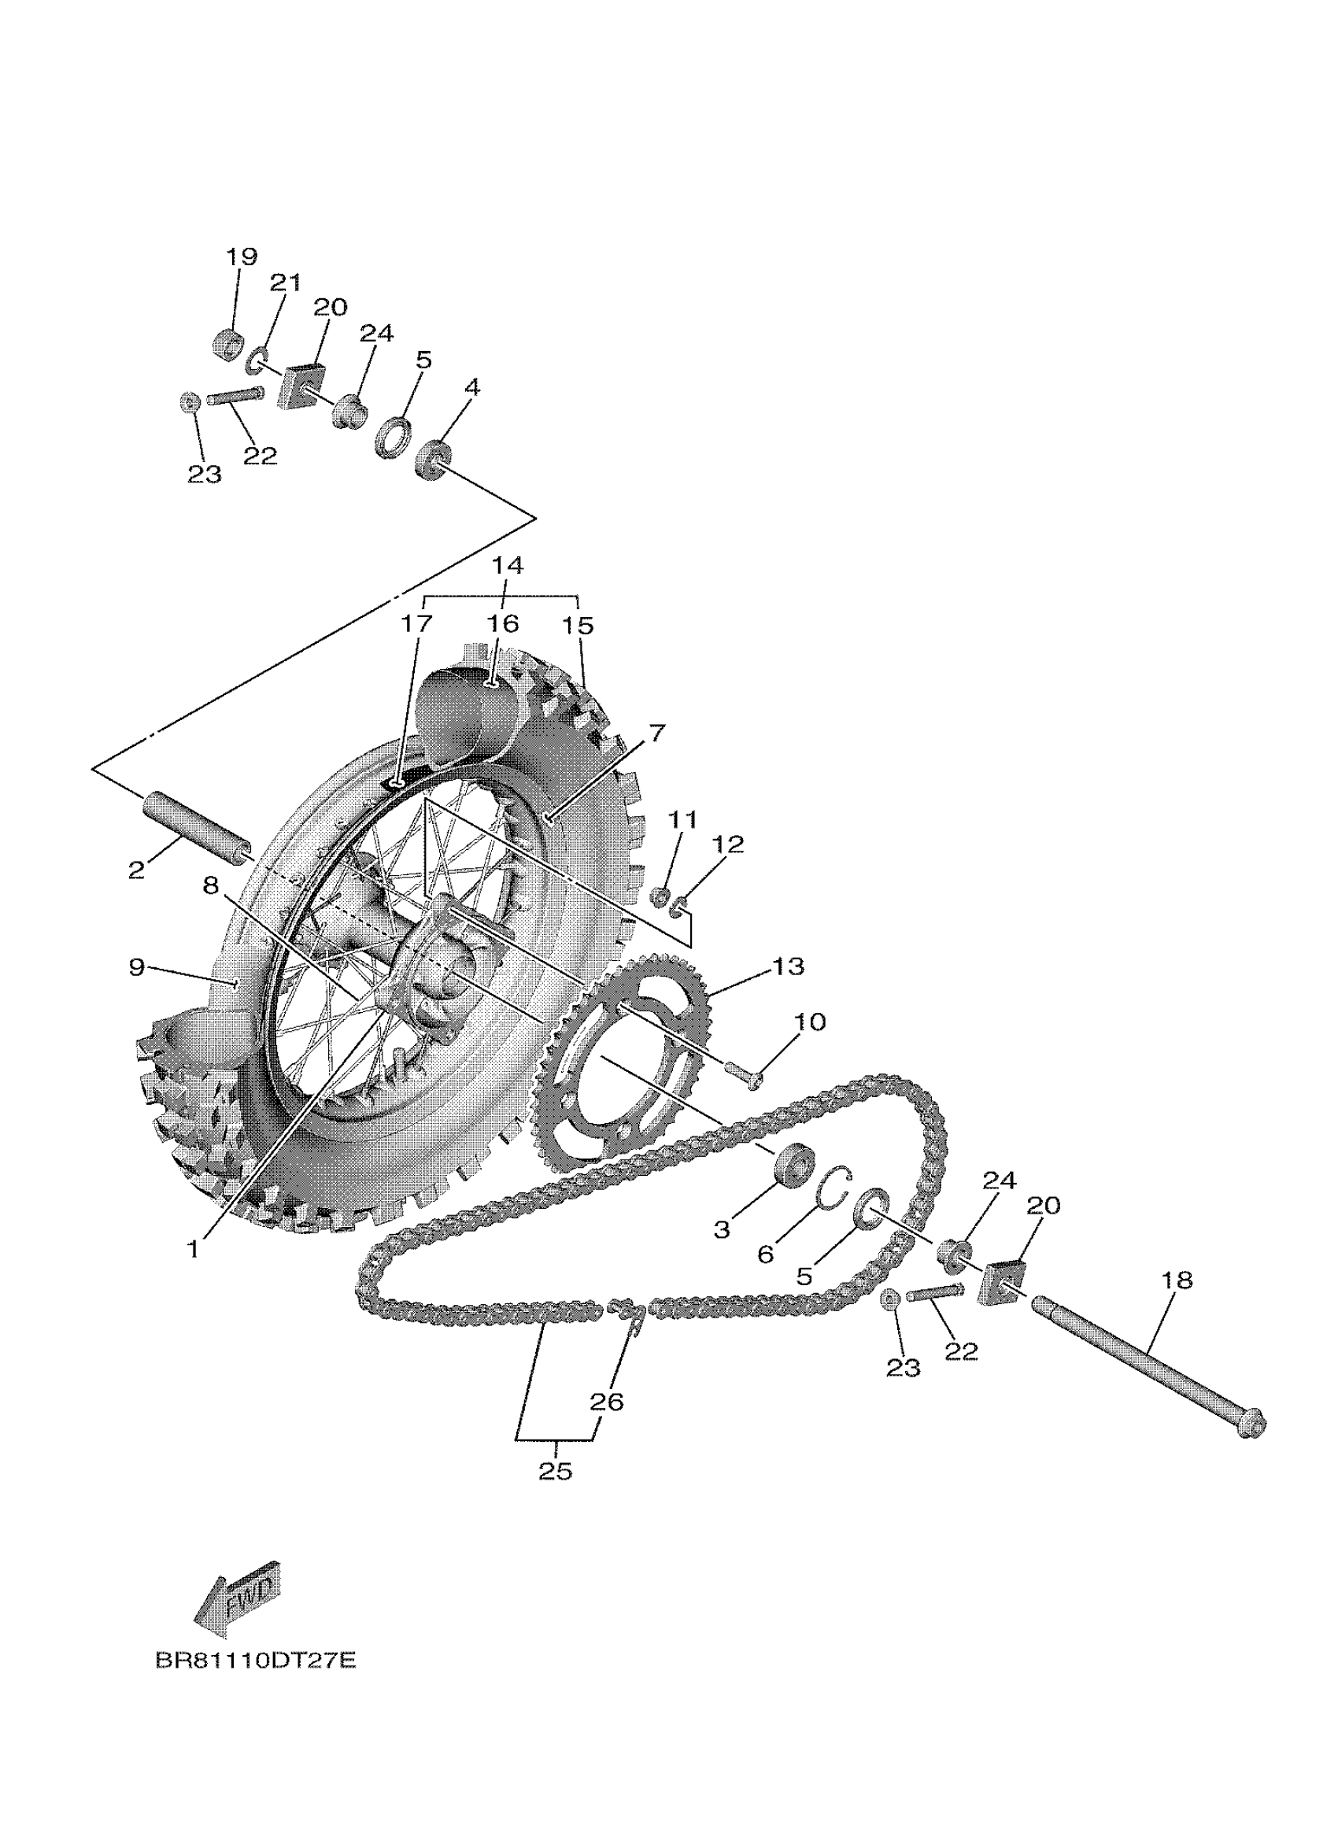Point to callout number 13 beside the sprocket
click(x=789, y=966)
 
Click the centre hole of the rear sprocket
click(x=603, y=1061)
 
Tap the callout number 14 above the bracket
click(x=507, y=566)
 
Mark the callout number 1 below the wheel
click(x=193, y=1249)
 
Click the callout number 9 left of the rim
click(x=137, y=966)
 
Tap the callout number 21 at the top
click(x=286, y=283)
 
